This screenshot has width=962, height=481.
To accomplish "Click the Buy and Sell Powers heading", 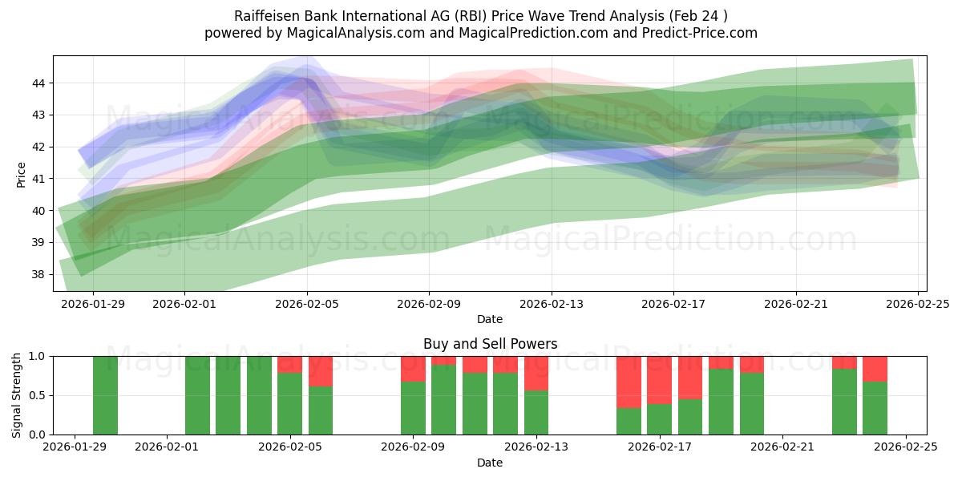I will (490, 344).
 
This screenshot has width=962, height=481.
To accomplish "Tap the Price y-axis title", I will (21, 174).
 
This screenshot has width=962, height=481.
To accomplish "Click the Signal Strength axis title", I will (18, 395).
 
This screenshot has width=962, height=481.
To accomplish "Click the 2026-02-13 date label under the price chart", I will (552, 304).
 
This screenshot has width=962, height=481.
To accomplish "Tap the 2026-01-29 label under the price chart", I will (93, 304).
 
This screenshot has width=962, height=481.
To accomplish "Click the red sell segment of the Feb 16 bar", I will (629, 382).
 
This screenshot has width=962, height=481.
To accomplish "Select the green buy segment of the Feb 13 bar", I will (536, 412).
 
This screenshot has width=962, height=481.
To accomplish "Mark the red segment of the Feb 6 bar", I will (321, 371).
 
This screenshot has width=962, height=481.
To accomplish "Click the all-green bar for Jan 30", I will (105, 395).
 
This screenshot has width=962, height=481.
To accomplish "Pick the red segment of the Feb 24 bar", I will (875, 369).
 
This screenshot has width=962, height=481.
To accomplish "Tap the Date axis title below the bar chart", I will (490, 463).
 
